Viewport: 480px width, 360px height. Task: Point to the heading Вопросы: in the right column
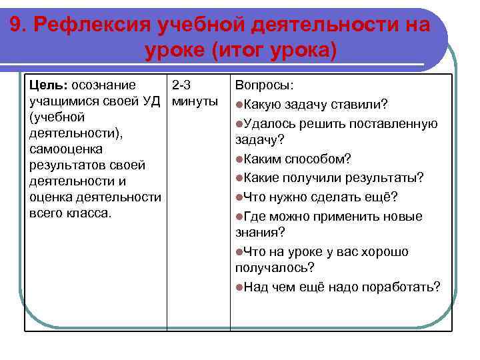(265, 86)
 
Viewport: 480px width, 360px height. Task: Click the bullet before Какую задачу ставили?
(239, 105)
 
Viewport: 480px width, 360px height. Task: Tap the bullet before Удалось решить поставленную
(239, 123)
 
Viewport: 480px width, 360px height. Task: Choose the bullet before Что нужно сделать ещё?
(239, 197)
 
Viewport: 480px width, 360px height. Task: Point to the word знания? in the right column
(260, 233)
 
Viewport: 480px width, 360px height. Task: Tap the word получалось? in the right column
(275, 267)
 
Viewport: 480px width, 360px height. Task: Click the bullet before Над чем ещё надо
(239, 287)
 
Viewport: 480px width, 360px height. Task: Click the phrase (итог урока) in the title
(274, 51)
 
